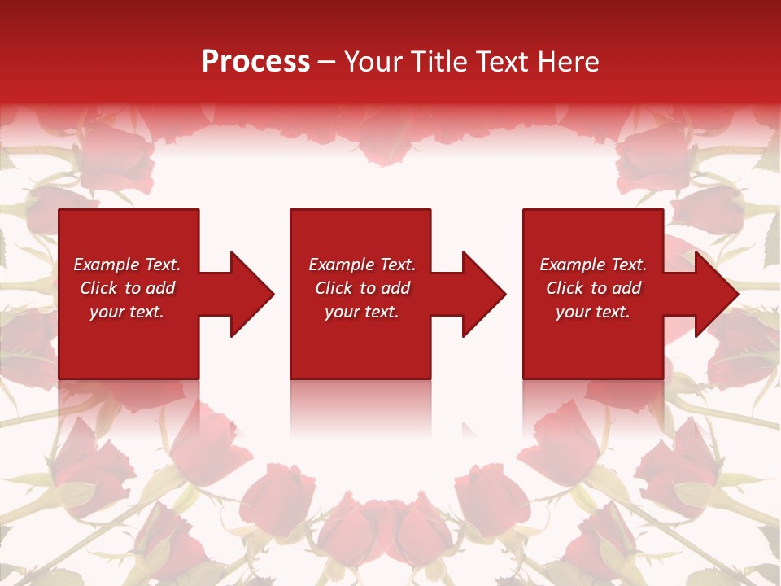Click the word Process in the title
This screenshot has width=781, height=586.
255,62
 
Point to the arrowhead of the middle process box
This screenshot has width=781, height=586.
482,294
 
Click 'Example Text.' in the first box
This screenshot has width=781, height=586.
127,265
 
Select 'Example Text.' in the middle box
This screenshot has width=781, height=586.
362,265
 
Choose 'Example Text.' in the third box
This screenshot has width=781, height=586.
593,265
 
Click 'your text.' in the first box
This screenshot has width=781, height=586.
127,312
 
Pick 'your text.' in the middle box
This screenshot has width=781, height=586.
362,312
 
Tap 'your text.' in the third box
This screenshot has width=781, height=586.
593,312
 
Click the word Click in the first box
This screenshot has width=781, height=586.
98,288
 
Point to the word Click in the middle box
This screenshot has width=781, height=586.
334,288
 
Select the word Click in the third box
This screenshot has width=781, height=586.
565,288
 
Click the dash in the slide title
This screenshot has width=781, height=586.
327,62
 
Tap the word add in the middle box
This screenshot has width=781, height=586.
395,288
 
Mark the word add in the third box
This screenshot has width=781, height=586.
626,288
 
